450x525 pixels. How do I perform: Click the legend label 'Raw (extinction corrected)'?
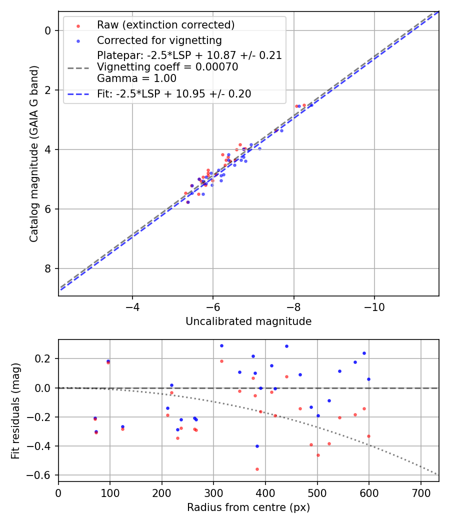pyautogui.click(x=165, y=25)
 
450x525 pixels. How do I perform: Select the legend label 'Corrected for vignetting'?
pyautogui.click(x=159, y=40)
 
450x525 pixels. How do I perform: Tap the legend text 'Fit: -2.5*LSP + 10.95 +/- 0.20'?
pyautogui.click(x=174, y=94)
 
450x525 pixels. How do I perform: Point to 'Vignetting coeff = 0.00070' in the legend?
pyautogui.click(x=167, y=67)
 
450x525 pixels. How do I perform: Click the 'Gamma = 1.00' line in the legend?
pyautogui.click(x=136, y=78)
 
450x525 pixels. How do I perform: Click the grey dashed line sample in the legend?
pyautogui.click(x=78, y=67)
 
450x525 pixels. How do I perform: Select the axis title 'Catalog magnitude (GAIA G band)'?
pyautogui.click(x=33, y=163)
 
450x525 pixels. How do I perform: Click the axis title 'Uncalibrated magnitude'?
pyautogui.click(x=248, y=321)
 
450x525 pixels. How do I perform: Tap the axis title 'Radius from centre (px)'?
pyautogui.click(x=248, y=507)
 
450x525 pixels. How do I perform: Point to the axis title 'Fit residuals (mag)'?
pyautogui.click(x=15, y=410)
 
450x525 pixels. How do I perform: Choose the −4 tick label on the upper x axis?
pyautogui.click(x=132, y=307)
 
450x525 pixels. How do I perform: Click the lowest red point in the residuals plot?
pyautogui.click(x=257, y=469)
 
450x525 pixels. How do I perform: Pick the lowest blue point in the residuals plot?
pyautogui.click(x=257, y=446)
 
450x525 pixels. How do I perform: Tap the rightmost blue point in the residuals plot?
pyautogui.click(x=368, y=379)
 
